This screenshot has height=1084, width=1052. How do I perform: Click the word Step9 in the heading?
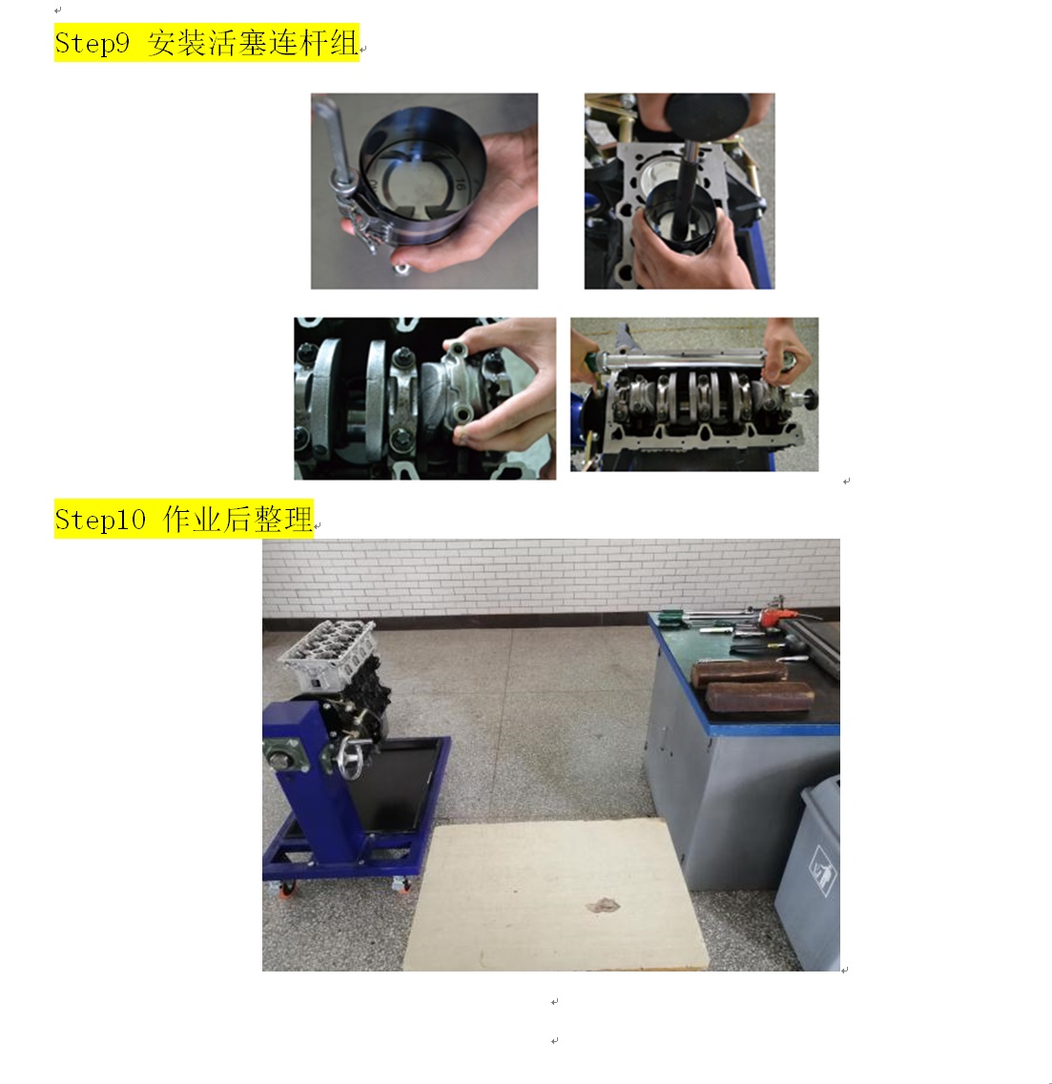92,44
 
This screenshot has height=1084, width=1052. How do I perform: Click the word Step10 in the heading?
100,520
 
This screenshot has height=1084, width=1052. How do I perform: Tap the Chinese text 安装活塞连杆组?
253,43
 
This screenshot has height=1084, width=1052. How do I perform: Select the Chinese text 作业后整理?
237,520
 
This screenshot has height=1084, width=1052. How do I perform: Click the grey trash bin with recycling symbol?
809,872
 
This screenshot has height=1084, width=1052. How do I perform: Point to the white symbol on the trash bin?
822,870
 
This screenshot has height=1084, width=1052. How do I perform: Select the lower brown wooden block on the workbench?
759,696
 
